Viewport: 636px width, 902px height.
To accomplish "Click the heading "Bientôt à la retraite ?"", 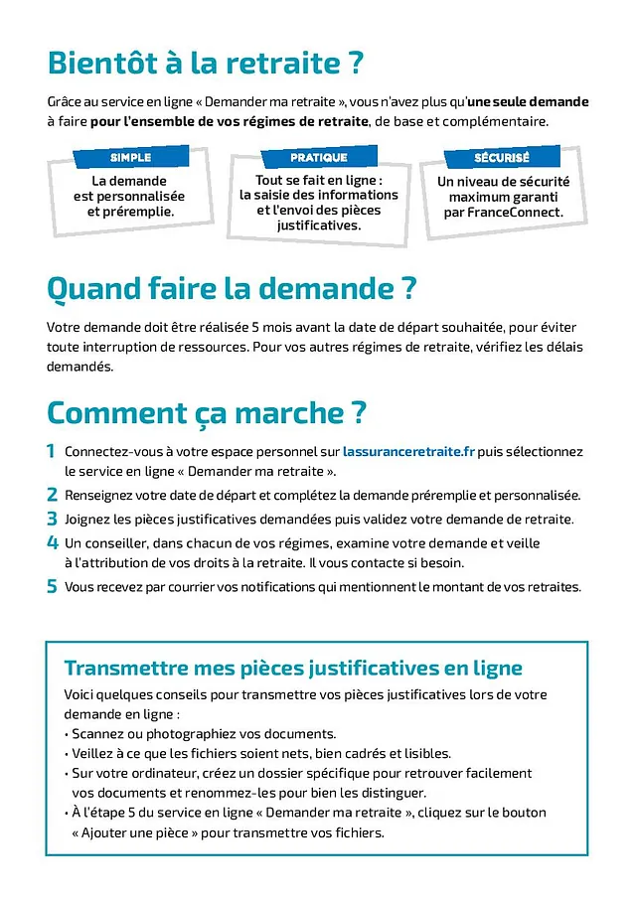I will point(205,63).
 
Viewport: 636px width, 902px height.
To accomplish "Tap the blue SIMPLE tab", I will point(130,157).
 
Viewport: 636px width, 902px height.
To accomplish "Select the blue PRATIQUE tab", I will point(319,157).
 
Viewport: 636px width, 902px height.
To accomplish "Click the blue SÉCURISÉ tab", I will point(502,158).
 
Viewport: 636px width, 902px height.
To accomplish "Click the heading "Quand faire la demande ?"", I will point(231,289).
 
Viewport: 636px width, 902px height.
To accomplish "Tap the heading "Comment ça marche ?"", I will point(207,411).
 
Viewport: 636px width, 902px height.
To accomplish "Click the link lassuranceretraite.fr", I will point(409,451).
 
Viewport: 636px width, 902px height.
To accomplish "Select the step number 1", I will point(52,451).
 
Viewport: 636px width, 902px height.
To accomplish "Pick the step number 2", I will point(52,495).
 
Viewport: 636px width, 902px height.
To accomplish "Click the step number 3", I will point(52,519).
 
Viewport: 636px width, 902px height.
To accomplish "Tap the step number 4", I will point(52,543).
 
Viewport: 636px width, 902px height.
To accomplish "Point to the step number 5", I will point(52,587).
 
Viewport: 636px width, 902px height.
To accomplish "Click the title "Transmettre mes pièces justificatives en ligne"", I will point(292,667).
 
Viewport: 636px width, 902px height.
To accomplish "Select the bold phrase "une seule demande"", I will point(528,101).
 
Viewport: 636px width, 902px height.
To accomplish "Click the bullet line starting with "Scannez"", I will point(204,734).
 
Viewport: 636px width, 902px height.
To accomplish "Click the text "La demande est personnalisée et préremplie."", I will point(129,196).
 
